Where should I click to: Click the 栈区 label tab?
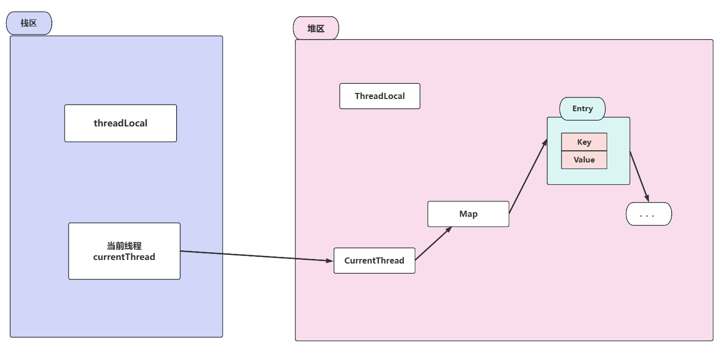point(29,23)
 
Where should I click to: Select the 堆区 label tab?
point(316,28)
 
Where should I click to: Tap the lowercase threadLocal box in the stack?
point(120,123)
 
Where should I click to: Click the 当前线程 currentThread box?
point(124,251)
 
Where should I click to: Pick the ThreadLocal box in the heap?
point(380,96)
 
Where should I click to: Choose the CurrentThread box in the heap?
point(374,260)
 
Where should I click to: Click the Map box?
point(468,214)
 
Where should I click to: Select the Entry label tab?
point(582,109)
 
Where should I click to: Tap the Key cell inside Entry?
point(584,142)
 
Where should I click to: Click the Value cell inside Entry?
point(584,160)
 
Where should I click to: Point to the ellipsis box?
point(649,214)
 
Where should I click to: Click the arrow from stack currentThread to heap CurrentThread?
point(254,256)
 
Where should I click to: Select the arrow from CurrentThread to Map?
point(433,243)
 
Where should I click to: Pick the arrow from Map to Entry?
point(528,176)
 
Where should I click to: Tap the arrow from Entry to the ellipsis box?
point(639,176)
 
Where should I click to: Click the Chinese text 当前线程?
point(124,246)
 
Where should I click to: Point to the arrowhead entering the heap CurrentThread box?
point(329,260)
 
